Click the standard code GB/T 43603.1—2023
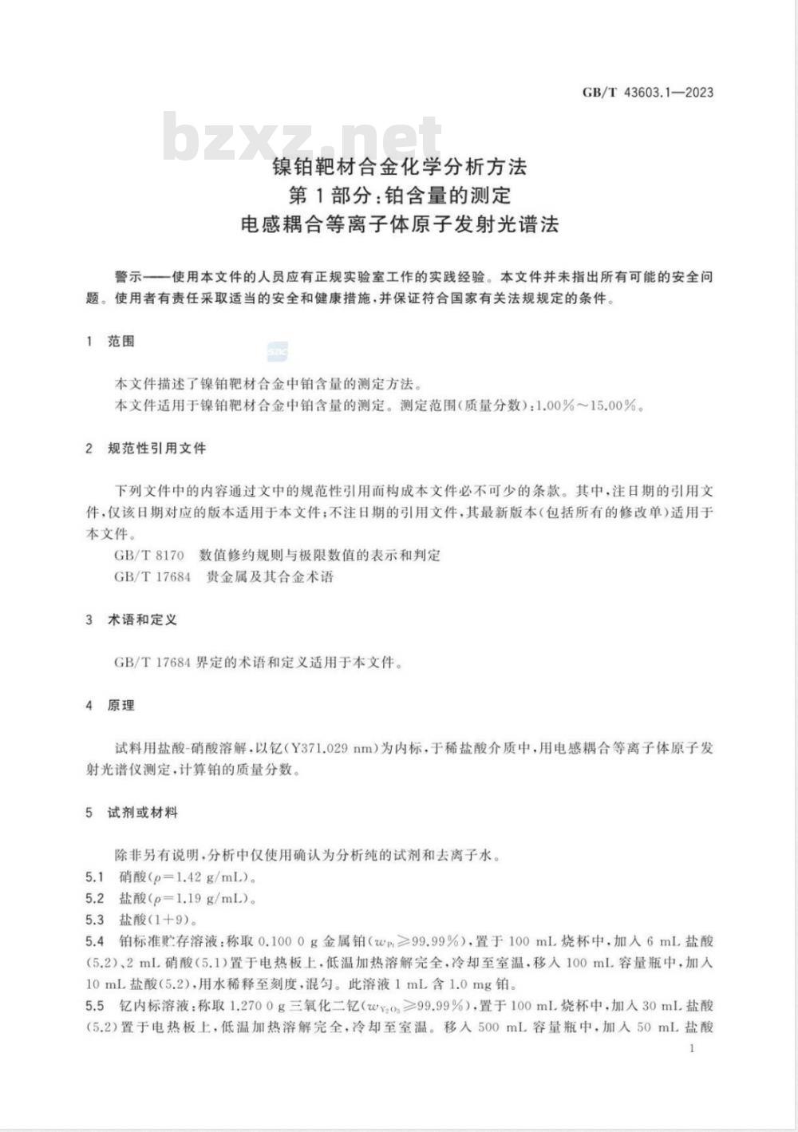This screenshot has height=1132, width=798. pos(647,93)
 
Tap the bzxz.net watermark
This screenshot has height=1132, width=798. pos(302,137)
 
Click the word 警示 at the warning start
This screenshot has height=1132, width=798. pos(128,278)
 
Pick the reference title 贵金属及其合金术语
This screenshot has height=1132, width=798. pos(270,576)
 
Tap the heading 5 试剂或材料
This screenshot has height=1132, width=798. pos(131,813)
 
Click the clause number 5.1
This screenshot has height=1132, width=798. pos(95,877)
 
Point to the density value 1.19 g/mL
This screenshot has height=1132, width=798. pos(210,899)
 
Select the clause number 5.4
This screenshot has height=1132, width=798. pos(95,941)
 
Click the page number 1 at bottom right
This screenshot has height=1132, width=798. pos(692,1048)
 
